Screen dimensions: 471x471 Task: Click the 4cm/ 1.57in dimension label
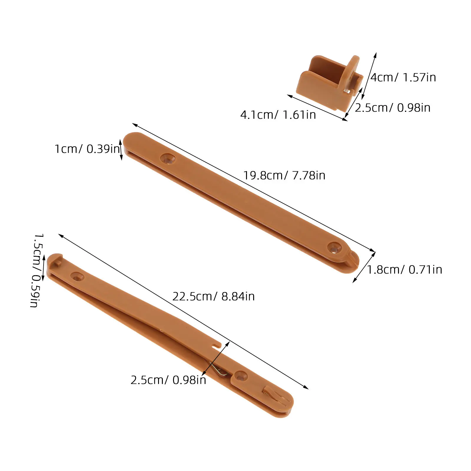[403, 77]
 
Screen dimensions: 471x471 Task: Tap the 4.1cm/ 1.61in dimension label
[278, 115]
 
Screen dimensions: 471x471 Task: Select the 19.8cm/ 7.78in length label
[284, 175]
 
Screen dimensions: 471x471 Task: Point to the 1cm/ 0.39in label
[87, 149]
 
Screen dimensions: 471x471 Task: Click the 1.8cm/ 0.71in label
[404, 270]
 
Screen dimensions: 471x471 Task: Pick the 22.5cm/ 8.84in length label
[213, 296]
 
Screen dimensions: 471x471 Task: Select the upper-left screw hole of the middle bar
[168, 159]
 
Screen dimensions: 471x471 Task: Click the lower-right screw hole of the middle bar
[334, 248]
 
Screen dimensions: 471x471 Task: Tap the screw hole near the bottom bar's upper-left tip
[77, 276]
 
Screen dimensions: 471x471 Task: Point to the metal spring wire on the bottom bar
[219, 369]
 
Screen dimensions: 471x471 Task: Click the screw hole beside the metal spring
[241, 376]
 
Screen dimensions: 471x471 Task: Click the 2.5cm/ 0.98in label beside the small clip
[392, 108]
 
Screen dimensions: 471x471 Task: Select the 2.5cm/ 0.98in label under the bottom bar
[168, 380]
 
